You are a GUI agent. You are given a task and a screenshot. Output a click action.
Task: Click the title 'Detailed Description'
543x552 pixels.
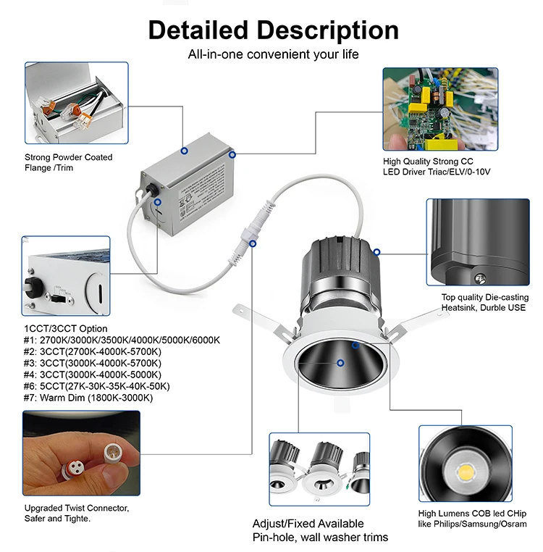(273, 30)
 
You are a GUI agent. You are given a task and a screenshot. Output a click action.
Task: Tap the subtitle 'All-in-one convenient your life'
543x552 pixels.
(273, 54)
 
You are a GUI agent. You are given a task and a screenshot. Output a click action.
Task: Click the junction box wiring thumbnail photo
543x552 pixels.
(77, 103)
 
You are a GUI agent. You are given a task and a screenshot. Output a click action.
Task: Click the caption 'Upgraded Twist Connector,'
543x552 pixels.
(76, 508)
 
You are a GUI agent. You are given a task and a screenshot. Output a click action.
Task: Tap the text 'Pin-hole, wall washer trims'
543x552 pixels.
(320, 537)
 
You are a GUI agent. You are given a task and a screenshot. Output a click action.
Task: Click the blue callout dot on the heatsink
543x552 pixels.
(376, 252)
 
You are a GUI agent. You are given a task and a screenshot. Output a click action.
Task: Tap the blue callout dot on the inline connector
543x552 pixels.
(252, 243)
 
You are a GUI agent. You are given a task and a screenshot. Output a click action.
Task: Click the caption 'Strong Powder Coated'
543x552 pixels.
(69, 157)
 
